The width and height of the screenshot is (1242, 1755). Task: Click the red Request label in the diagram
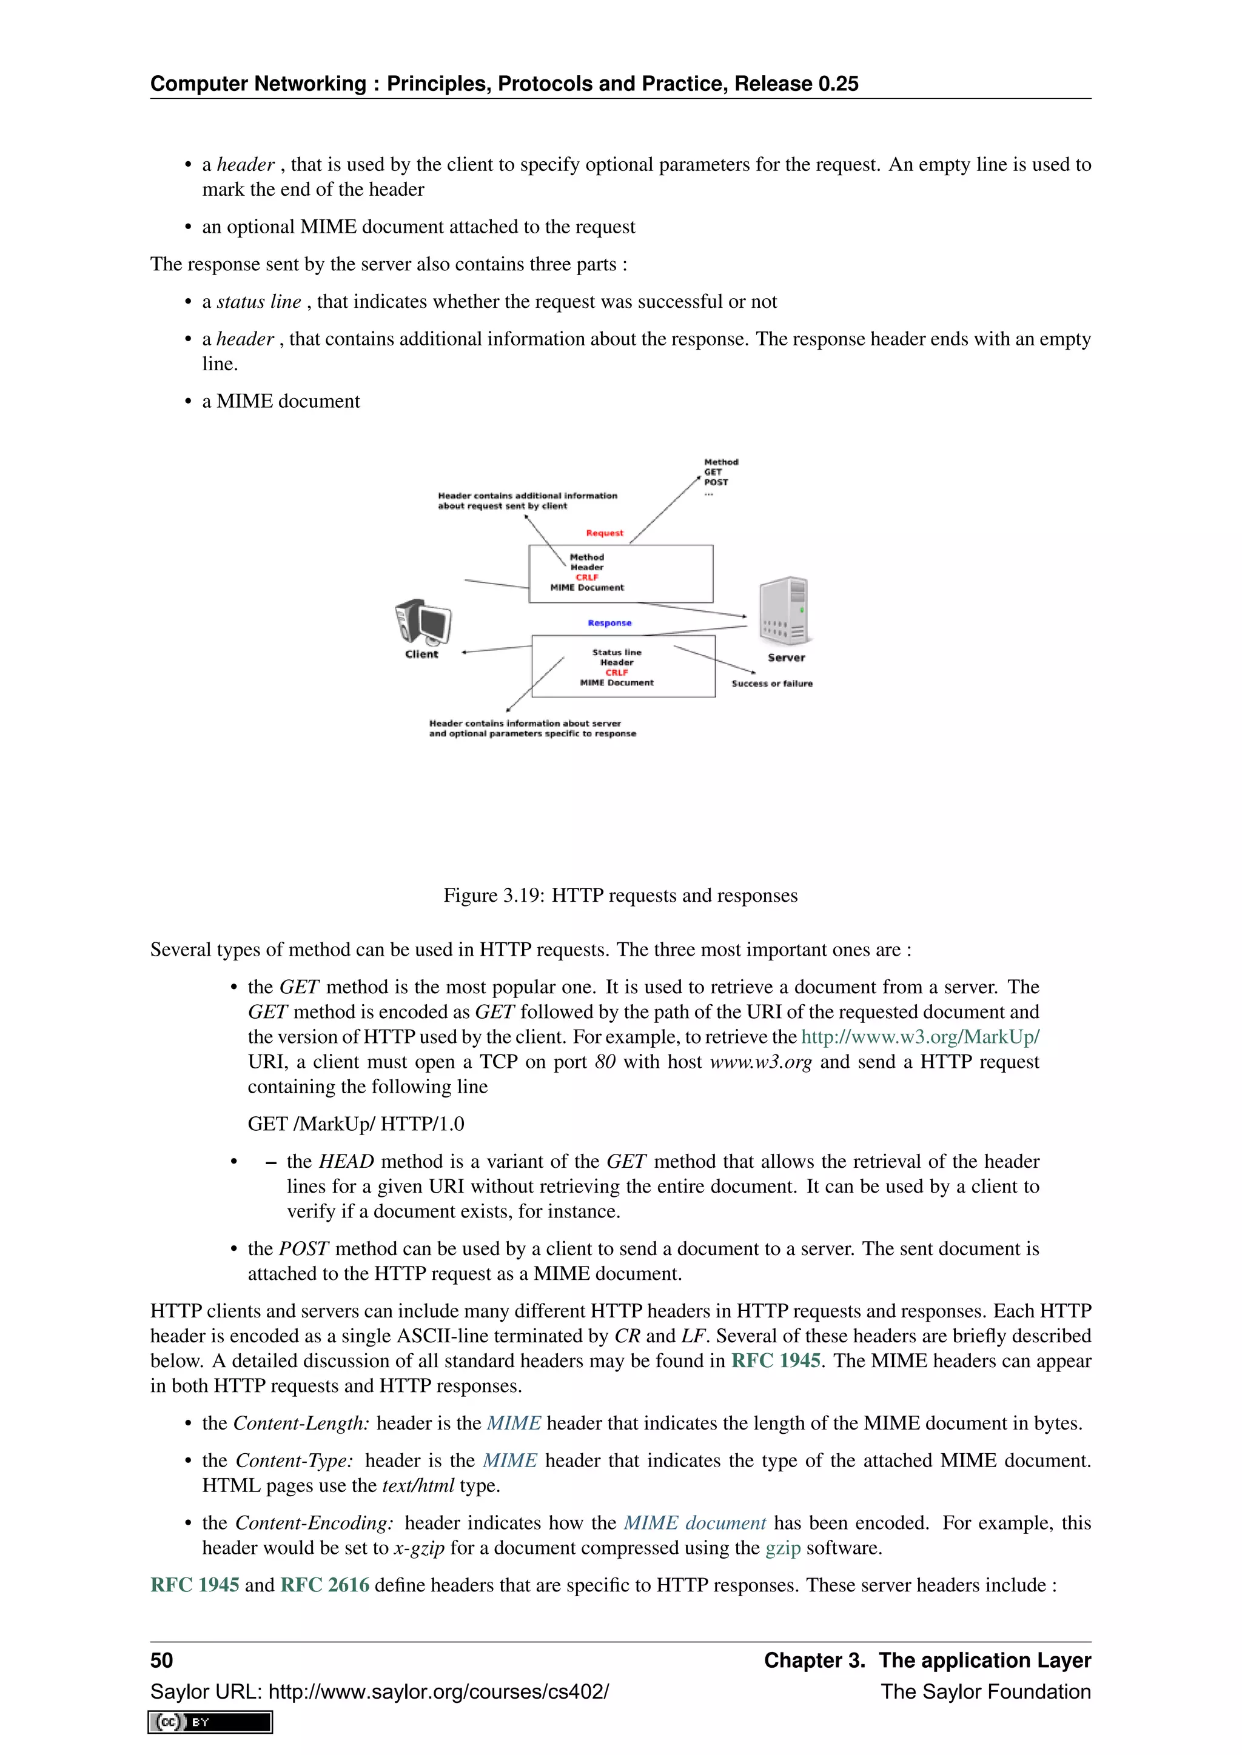point(604,533)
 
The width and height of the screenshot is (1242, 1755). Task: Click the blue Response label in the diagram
point(609,623)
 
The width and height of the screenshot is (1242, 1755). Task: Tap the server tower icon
point(785,611)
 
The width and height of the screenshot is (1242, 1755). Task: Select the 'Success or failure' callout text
point(771,684)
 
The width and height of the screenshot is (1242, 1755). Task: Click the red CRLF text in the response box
point(616,673)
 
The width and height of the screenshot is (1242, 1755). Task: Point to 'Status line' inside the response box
point(616,652)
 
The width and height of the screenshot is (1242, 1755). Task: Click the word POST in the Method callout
point(716,482)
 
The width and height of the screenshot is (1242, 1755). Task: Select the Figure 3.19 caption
point(620,895)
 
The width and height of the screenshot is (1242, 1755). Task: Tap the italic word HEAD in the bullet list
point(346,1161)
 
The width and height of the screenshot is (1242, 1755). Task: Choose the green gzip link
point(782,1548)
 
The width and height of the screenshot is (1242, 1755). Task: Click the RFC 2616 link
point(325,1585)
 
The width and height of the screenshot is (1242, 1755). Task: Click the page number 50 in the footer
point(161,1660)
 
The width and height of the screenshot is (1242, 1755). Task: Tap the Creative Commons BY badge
point(210,1722)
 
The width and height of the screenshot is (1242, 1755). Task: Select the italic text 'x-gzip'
point(418,1548)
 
